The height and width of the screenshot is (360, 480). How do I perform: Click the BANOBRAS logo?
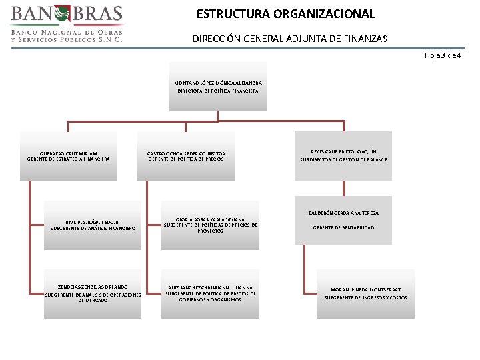67,23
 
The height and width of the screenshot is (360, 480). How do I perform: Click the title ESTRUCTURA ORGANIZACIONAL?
285,14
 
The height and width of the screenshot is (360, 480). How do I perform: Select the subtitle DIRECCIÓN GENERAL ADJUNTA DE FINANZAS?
289,39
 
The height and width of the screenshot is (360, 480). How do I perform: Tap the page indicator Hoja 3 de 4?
443,55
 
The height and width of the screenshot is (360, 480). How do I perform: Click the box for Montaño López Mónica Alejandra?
218,86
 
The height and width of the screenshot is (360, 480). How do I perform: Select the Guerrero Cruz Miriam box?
69,156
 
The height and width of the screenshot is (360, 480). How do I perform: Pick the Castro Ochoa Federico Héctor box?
186,156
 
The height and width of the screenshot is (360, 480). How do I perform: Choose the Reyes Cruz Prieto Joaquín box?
343,156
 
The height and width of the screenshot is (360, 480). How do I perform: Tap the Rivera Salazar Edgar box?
93,225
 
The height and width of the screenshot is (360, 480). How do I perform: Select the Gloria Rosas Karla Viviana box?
210,225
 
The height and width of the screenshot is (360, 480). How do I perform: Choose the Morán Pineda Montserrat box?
365,293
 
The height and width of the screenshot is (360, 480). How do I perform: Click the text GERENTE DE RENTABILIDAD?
343,228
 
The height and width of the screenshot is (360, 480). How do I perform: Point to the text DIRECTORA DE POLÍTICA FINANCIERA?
218,91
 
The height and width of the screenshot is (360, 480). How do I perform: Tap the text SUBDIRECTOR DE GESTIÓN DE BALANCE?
343,160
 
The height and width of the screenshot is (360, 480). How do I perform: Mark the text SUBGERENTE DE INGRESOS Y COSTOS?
365,297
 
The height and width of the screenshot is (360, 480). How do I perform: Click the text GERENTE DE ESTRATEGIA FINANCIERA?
69,159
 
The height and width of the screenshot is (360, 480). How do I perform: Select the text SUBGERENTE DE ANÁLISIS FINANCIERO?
93,229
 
